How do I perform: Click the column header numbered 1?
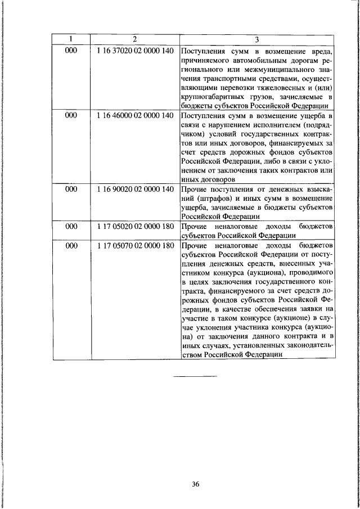(x=71, y=39)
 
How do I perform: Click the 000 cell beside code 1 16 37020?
(x=71, y=49)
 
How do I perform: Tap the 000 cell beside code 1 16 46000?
(x=71, y=115)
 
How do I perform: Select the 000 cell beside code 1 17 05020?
(x=71, y=226)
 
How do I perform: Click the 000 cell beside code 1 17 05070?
(x=71, y=245)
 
